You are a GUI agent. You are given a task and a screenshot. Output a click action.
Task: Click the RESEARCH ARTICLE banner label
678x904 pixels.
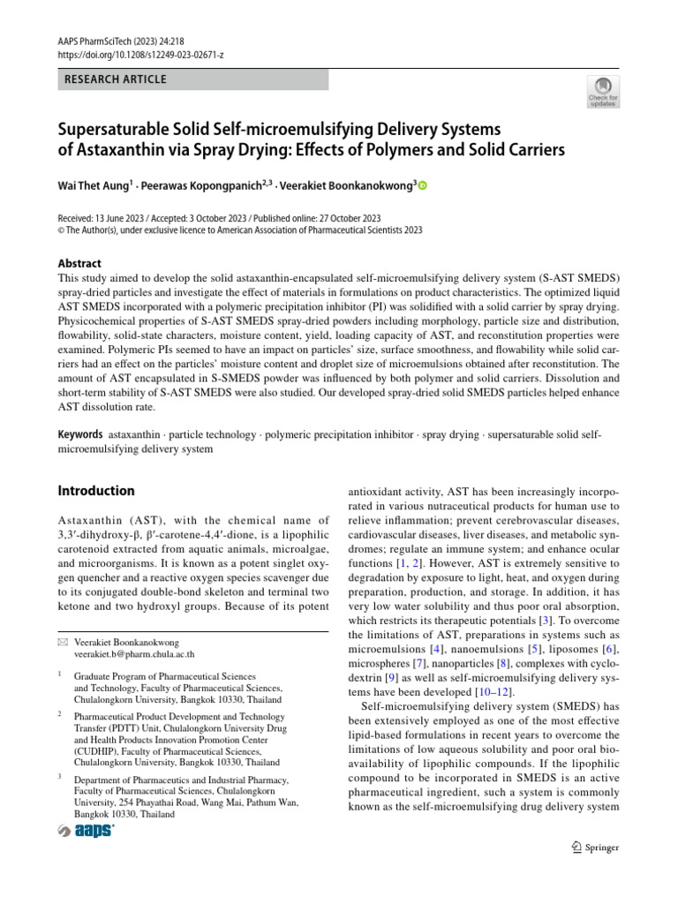[116, 79]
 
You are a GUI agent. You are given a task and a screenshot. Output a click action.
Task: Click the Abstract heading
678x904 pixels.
[79, 263]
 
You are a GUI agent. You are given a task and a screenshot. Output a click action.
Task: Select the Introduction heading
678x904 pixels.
[96, 491]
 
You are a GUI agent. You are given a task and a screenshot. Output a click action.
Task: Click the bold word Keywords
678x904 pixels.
[81, 435]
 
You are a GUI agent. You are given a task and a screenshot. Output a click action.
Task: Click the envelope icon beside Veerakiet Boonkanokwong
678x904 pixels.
[62, 641]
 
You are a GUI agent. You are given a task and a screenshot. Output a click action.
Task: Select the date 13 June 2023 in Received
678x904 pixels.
[125, 218]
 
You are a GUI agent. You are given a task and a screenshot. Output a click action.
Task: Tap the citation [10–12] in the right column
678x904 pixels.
[486, 689]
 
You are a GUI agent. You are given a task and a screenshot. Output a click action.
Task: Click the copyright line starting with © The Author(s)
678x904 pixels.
[239, 230]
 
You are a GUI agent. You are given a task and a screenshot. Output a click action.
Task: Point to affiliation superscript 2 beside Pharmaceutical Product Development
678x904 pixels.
[59, 712]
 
